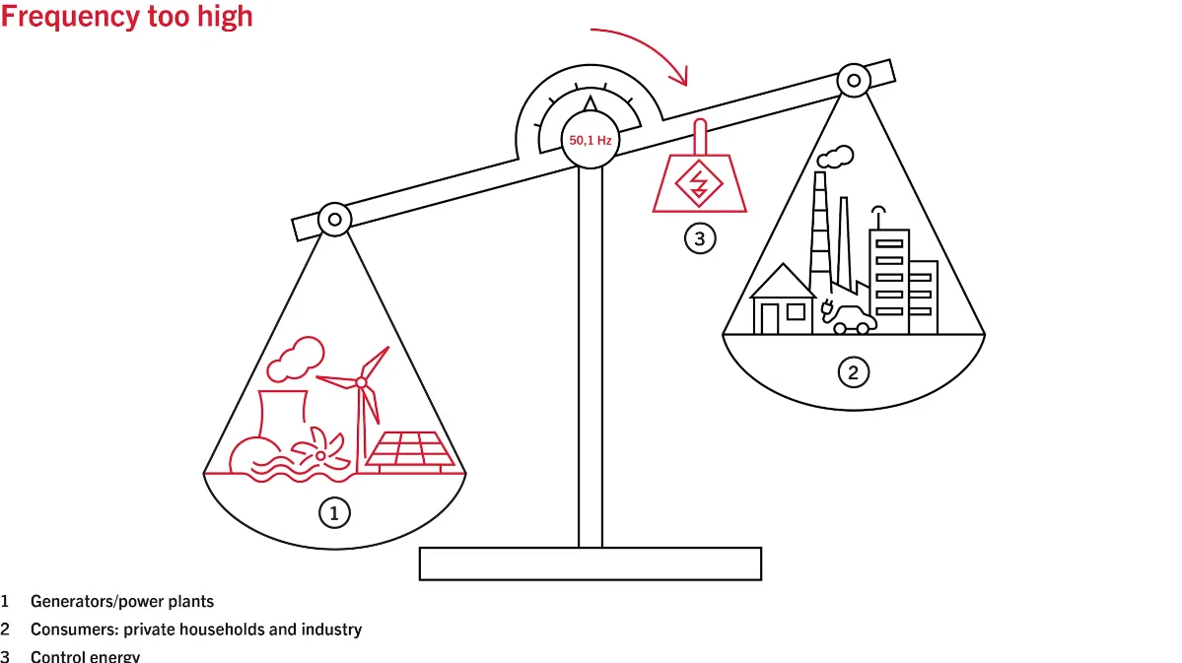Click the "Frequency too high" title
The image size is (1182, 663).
pos(126,17)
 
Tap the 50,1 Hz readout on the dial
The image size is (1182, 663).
pos(590,141)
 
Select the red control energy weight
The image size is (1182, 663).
pos(700,181)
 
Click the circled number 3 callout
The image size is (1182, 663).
pos(700,238)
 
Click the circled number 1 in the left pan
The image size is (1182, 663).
pos(334,512)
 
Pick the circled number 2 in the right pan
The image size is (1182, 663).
pos(854,372)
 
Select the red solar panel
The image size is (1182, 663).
pos(411,450)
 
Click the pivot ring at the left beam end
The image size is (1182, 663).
pos(334,219)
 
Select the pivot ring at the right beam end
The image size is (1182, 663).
pos(854,80)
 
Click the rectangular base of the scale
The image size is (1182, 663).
pos(591,564)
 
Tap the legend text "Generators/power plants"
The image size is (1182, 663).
pos(121,601)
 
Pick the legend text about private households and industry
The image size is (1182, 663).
pos(195,629)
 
